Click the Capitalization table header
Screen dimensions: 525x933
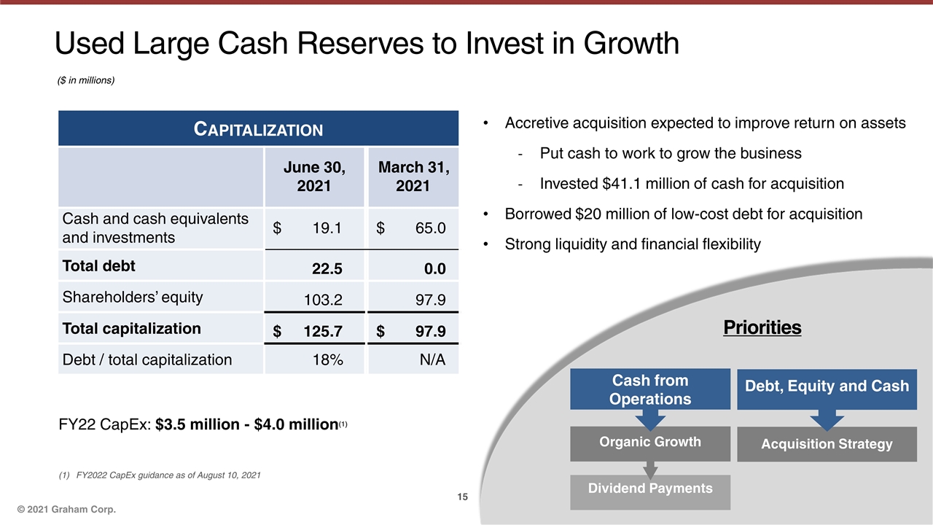click(x=258, y=130)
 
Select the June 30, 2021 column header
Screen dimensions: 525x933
click(x=314, y=176)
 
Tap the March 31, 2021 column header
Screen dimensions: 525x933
click(x=413, y=176)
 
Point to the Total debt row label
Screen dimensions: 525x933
click(x=99, y=266)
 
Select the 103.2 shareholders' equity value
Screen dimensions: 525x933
click(x=322, y=299)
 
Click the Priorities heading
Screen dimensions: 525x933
click(x=762, y=328)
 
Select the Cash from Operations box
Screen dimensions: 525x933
click(x=649, y=389)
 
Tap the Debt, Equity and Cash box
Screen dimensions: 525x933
click(x=827, y=386)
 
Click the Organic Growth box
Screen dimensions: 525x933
click(x=649, y=442)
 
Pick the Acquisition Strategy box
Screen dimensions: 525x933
click(x=827, y=444)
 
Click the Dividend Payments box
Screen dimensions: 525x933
click(x=649, y=488)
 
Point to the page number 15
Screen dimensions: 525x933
click(x=462, y=497)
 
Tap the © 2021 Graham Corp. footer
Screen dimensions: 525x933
click(x=67, y=508)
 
